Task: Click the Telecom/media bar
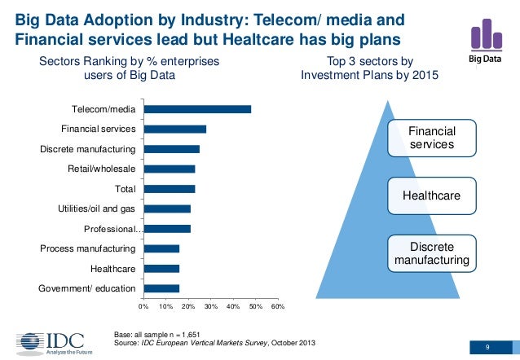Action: pyautogui.click(x=197, y=109)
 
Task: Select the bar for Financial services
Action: pyautogui.click(x=174, y=129)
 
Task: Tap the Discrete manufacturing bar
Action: pyautogui.click(x=171, y=149)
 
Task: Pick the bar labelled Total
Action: pyautogui.click(x=169, y=189)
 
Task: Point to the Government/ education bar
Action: pyautogui.click(x=161, y=288)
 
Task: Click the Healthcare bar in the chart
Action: pyautogui.click(x=161, y=268)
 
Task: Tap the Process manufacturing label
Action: pyautogui.click(x=88, y=248)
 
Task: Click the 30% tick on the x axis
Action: pyautogui.click(x=210, y=306)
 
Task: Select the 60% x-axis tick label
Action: pyautogui.click(x=277, y=306)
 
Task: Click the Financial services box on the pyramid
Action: pyautogui.click(x=432, y=137)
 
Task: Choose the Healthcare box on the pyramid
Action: pyautogui.click(x=432, y=196)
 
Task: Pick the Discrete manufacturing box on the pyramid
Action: pyautogui.click(x=432, y=253)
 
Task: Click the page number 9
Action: pyautogui.click(x=487, y=349)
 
